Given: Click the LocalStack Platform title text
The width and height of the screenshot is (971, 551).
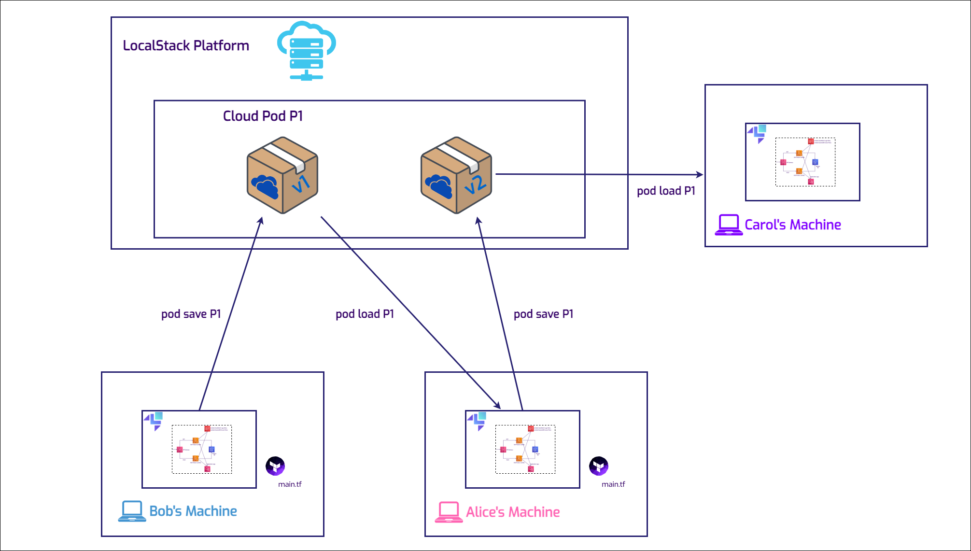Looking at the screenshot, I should tap(186, 45).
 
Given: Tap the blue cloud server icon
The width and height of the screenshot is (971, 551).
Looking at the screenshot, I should tap(306, 51).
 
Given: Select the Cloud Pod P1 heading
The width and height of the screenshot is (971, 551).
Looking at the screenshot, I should tap(263, 116).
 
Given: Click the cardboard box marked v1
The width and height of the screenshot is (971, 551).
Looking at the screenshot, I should tap(282, 175).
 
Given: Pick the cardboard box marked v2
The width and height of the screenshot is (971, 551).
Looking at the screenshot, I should tap(456, 175).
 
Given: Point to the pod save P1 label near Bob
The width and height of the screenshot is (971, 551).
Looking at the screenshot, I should tap(191, 314).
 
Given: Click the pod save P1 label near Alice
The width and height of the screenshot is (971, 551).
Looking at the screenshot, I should tap(543, 314).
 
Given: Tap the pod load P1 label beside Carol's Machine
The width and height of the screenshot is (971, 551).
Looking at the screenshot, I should tap(666, 191).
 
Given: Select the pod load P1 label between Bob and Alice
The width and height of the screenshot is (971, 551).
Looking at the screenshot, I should tap(365, 314).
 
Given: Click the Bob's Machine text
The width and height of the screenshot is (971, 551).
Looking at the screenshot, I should tap(193, 511).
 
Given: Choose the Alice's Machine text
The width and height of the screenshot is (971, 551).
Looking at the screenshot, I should tap(513, 512).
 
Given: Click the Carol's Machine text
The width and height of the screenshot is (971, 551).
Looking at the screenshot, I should tap(792, 225).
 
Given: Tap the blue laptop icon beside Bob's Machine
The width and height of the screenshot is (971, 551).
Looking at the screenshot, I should tap(132, 511).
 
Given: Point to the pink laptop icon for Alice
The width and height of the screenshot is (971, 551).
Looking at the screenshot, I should tap(449, 512).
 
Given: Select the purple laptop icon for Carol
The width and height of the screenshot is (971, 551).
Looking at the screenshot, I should tap(729, 225).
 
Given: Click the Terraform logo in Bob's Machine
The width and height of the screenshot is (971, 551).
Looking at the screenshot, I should tap(275, 466).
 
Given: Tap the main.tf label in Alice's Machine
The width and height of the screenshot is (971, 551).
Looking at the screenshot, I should tap(613, 484).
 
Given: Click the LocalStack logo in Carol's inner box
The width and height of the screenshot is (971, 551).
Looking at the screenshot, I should tap(757, 133).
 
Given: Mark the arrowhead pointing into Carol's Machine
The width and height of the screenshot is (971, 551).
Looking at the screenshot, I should tap(700, 174).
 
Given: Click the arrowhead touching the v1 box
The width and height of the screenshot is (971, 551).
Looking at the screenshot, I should tap(260, 221).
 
